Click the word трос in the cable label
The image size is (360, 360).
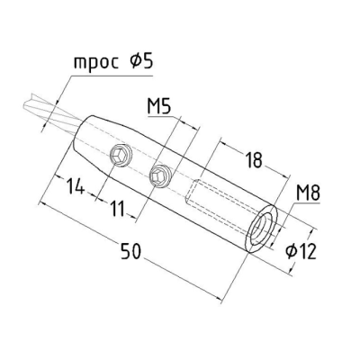(96, 63)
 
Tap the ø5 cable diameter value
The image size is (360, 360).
(141, 61)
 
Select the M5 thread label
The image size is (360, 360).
(159, 106)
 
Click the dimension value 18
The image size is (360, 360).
(254, 159)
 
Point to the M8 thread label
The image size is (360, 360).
(308, 193)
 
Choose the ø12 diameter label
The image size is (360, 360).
(301, 251)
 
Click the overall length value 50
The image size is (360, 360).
(130, 251)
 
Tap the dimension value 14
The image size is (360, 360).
(75, 185)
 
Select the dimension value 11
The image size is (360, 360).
(118, 208)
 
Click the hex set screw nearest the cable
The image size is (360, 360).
(121, 155)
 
